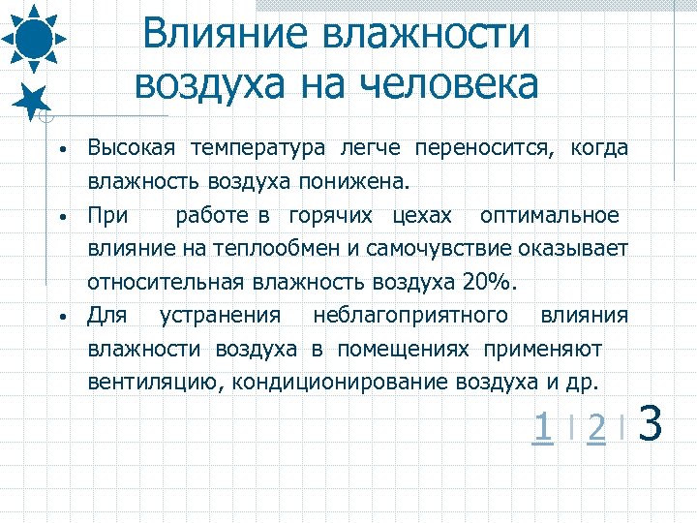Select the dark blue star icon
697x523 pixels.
[x=34, y=100]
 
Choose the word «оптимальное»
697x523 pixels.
[x=550, y=214]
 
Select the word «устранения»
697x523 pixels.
[x=221, y=315]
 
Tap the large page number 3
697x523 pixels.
[x=652, y=424]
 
